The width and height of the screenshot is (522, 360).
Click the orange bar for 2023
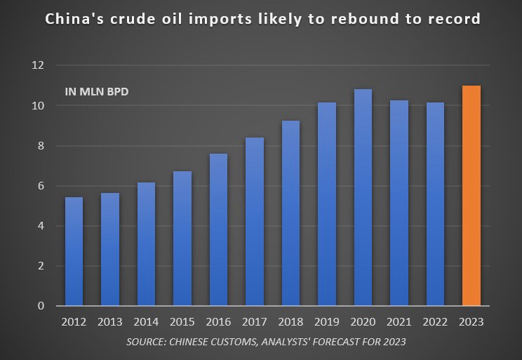point(471,196)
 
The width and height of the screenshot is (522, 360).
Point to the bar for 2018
point(290,213)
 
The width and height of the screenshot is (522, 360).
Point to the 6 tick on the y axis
point(39,186)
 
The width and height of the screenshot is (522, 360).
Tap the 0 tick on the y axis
point(39,306)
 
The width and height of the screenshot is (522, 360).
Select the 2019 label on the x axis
point(327,322)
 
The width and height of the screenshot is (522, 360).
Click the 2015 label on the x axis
point(182,322)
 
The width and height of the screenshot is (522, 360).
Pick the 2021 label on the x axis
point(399,322)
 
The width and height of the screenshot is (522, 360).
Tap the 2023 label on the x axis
point(471,322)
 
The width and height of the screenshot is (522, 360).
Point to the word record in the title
point(455,19)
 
